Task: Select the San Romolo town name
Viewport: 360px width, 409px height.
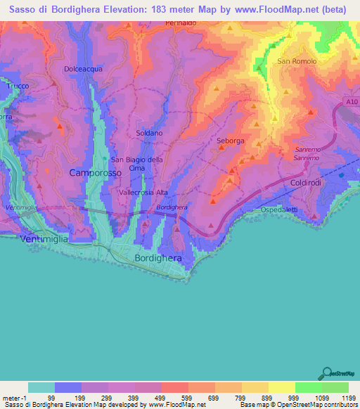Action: point(297,61)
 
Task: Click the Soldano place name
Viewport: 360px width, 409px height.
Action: point(149,133)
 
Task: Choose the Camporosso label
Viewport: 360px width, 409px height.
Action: point(95,172)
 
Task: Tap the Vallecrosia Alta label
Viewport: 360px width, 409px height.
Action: point(143,192)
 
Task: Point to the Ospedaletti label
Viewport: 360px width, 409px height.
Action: point(300,210)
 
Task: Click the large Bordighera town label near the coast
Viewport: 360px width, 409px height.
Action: point(157,259)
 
